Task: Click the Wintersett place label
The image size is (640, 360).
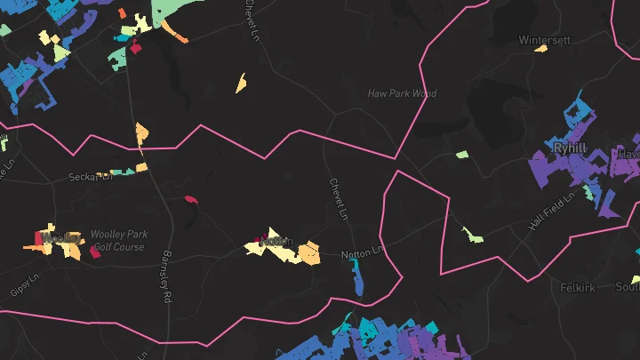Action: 542,39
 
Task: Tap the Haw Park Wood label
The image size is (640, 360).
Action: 402,93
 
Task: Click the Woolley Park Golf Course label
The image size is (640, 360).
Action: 118,240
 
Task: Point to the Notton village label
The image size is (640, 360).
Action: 275,241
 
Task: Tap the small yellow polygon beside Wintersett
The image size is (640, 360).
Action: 540,49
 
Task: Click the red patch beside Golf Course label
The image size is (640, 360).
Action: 95,252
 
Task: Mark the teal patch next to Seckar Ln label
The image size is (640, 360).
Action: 130,171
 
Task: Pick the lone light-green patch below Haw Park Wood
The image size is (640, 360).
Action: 462,155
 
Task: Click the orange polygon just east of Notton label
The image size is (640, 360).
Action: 308,254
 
